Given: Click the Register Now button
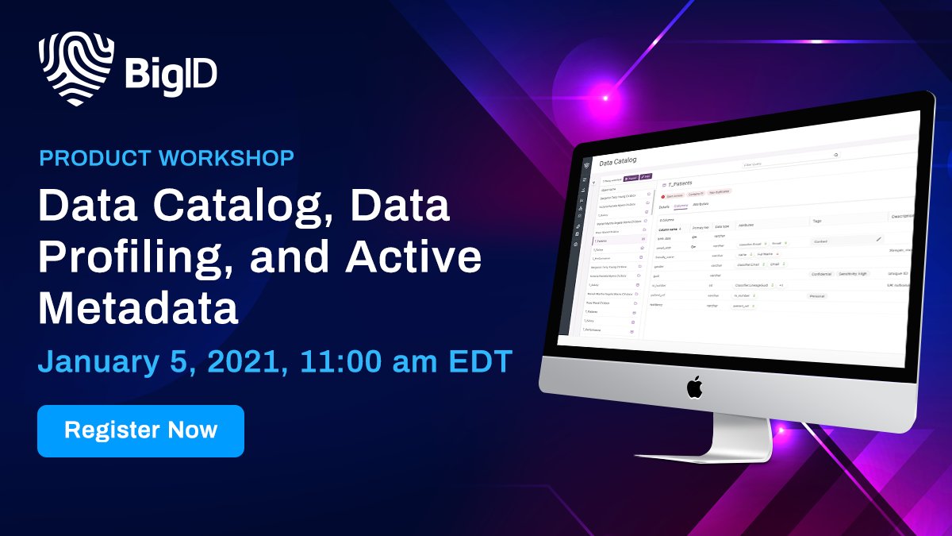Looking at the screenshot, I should point(140,430).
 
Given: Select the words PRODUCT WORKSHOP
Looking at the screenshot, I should point(167,157).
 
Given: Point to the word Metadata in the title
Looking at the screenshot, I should point(139,308).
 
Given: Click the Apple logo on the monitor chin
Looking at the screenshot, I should point(694,388).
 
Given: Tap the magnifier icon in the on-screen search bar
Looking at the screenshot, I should point(835,155).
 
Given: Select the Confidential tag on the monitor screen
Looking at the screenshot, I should point(821,274).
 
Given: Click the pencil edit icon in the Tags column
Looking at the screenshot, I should point(878,238).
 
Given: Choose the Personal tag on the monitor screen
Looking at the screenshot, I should point(817,296).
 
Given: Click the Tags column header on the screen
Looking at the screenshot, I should point(818,221).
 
